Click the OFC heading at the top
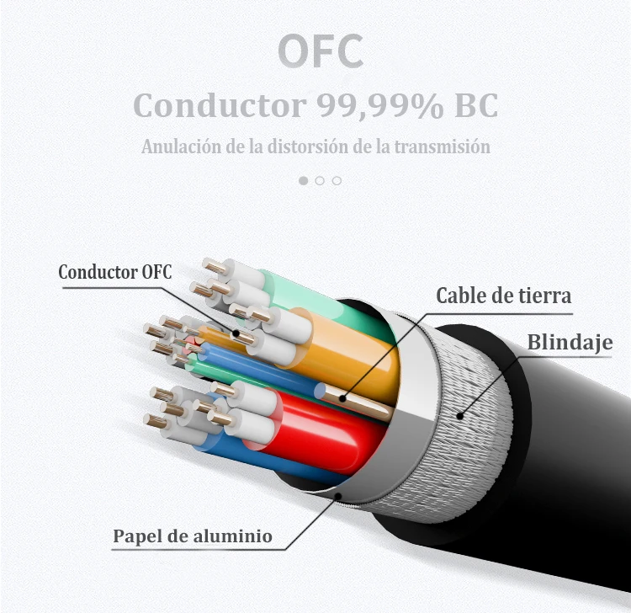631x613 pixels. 321,51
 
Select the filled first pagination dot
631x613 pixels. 304,180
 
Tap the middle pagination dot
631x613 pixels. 320,180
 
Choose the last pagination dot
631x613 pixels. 337,180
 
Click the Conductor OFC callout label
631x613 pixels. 114,272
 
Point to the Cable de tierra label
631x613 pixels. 503,296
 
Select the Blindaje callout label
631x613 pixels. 569,343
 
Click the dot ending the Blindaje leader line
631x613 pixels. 460,414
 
